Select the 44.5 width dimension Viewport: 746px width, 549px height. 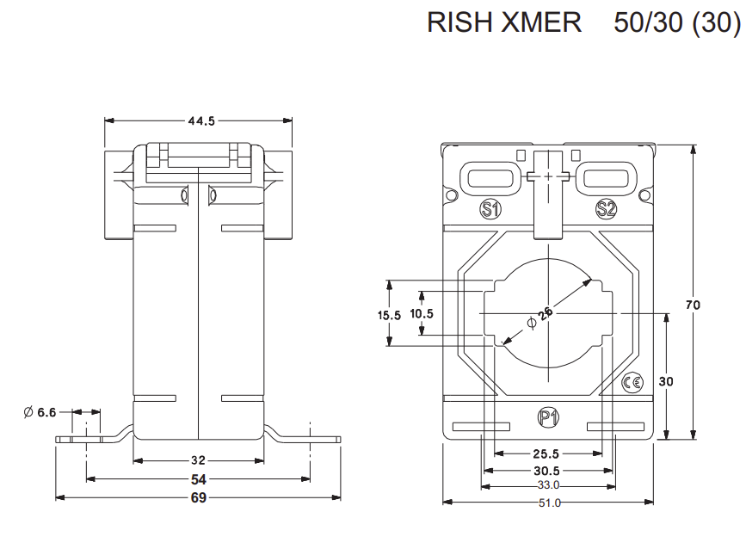coord(200,121)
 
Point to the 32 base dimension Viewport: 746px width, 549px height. coord(199,460)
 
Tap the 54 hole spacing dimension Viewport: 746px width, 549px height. coord(199,478)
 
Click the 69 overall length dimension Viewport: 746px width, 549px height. coord(198,497)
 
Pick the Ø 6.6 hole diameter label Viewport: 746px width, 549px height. coord(40,413)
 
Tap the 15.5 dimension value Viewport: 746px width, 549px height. coord(390,315)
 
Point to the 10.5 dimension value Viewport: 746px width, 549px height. coord(422,314)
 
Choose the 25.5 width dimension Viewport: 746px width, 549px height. coord(546,453)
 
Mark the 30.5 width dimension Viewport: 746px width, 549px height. coord(546,471)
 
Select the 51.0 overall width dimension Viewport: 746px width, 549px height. coord(548,503)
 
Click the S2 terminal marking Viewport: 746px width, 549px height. coord(606,208)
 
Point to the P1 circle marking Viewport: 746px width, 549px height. coord(547,418)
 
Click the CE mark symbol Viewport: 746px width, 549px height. coord(632,382)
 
